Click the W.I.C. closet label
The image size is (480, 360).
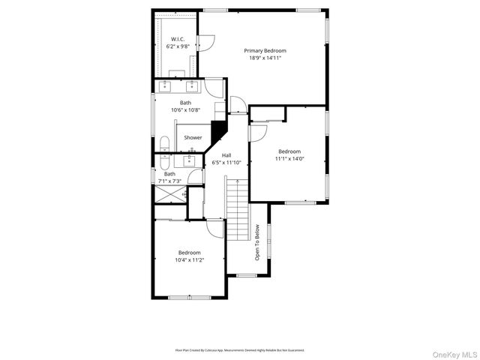[178, 39]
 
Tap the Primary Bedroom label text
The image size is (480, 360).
[265, 51]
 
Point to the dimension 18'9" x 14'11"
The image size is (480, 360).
[265, 58]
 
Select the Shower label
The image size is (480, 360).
[193, 137]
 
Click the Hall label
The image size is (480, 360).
[226, 155]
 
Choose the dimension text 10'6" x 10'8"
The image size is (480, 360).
[185, 110]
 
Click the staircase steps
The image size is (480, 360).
[237, 210]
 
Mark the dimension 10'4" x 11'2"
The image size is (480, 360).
[189, 260]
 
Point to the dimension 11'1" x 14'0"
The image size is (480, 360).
[289, 159]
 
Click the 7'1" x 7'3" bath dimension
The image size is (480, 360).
[169, 181]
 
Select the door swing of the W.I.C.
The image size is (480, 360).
[207, 41]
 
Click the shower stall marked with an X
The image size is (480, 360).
[169, 194]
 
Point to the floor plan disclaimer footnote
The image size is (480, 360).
[239, 349]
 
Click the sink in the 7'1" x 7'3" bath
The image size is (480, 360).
[189, 159]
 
